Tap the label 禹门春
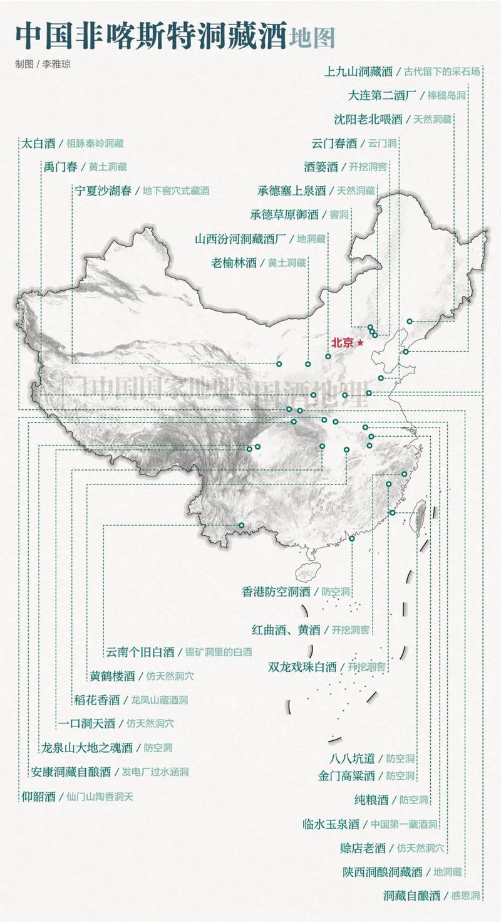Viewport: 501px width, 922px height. [60, 167]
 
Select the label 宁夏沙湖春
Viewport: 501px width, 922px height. [104, 191]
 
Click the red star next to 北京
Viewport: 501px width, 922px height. [360, 343]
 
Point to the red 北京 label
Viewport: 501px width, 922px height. [343, 343]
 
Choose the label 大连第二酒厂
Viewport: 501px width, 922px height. [382, 95]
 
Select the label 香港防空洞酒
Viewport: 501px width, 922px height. [276, 591]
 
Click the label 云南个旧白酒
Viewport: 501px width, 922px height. [140, 652]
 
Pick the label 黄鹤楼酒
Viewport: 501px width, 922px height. [112, 676]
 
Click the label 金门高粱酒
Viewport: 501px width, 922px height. [346, 776]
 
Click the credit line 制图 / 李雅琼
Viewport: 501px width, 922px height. [39, 64]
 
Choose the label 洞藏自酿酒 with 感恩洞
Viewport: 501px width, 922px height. [412, 896]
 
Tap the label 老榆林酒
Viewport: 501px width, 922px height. [234, 263]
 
